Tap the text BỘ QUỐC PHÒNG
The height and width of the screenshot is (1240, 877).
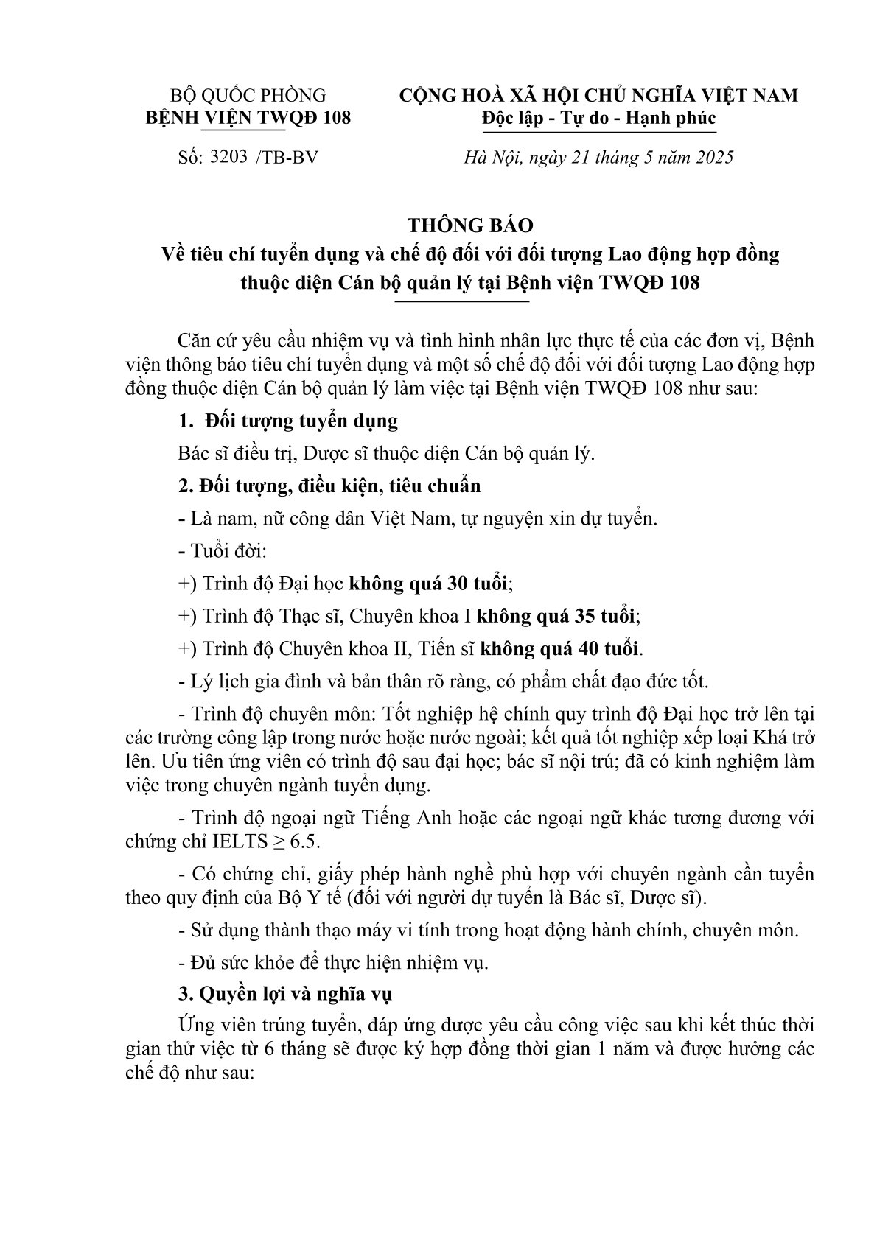pyautogui.click(x=248, y=95)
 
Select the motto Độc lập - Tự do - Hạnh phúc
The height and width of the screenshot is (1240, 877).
pyautogui.click(x=598, y=118)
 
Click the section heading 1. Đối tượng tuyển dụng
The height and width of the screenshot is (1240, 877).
pyautogui.click(x=288, y=421)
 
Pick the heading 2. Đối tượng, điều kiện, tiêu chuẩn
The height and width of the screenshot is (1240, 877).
pyautogui.click(x=329, y=486)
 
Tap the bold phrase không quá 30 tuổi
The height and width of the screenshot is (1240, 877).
pyautogui.click(x=429, y=584)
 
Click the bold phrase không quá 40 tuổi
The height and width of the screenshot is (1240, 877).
pyautogui.click(x=560, y=649)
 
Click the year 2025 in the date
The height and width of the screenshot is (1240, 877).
pyautogui.click(x=711, y=157)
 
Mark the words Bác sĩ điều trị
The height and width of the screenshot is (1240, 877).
pyautogui.click(x=235, y=454)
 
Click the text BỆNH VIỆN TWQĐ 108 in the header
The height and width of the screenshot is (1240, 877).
pyautogui.click(x=248, y=118)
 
